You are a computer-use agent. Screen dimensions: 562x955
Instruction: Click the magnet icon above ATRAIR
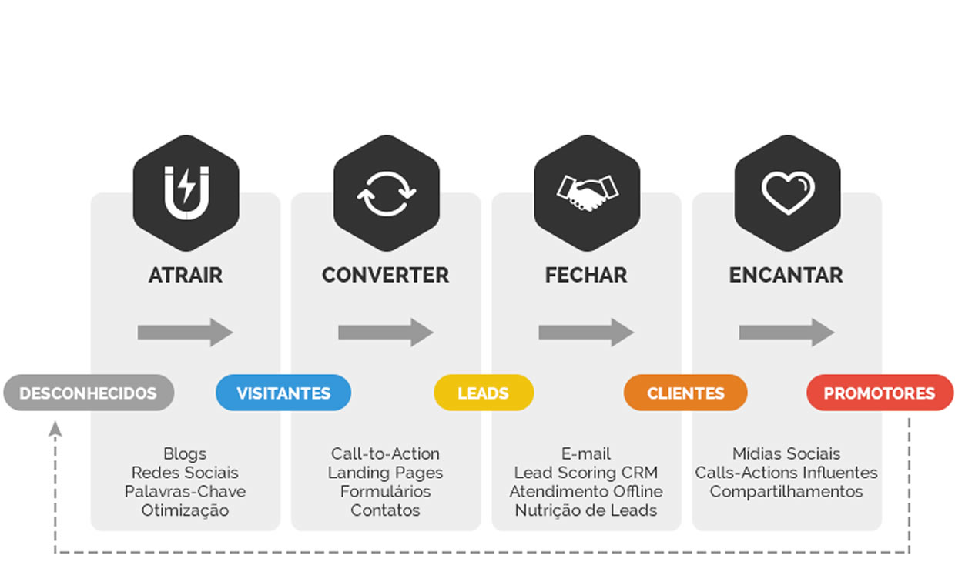click(x=186, y=192)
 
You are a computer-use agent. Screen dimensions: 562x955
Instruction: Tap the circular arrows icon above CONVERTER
click(x=386, y=192)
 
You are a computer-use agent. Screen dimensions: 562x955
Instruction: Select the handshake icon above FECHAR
click(x=586, y=192)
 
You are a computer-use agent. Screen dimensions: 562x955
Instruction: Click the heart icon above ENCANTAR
click(x=787, y=192)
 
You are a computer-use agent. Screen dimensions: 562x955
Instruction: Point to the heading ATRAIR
click(x=186, y=275)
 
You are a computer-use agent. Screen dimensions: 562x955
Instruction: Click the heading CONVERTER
click(x=385, y=275)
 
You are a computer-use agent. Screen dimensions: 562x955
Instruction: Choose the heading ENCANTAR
click(x=786, y=275)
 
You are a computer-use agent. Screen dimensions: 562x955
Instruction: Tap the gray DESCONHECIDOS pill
click(x=89, y=393)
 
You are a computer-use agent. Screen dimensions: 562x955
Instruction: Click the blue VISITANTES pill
click(x=283, y=393)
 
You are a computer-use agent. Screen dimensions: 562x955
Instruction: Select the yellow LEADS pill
click(x=484, y=393)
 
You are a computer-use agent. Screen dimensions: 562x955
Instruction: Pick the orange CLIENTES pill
click(x=685, y=393)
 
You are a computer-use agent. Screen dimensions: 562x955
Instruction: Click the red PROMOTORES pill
click(x=880, y=393)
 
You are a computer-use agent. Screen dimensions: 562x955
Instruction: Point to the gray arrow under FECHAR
click(x=586, y=333)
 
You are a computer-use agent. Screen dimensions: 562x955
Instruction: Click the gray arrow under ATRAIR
click(x=186, y=333)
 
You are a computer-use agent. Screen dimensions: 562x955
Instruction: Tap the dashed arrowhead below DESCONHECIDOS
click(x=55, y=428)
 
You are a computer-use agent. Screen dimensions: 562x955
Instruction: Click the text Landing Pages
click(x=385, y=473)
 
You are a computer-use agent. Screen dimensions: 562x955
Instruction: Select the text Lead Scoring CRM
click(x=586, y=473)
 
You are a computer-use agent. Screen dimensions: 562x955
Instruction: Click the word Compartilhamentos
click(x=786, y=491)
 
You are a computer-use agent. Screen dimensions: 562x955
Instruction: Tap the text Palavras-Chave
click(x=185, y=491)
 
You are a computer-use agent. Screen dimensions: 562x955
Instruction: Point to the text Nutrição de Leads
click(x=586, y=510)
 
